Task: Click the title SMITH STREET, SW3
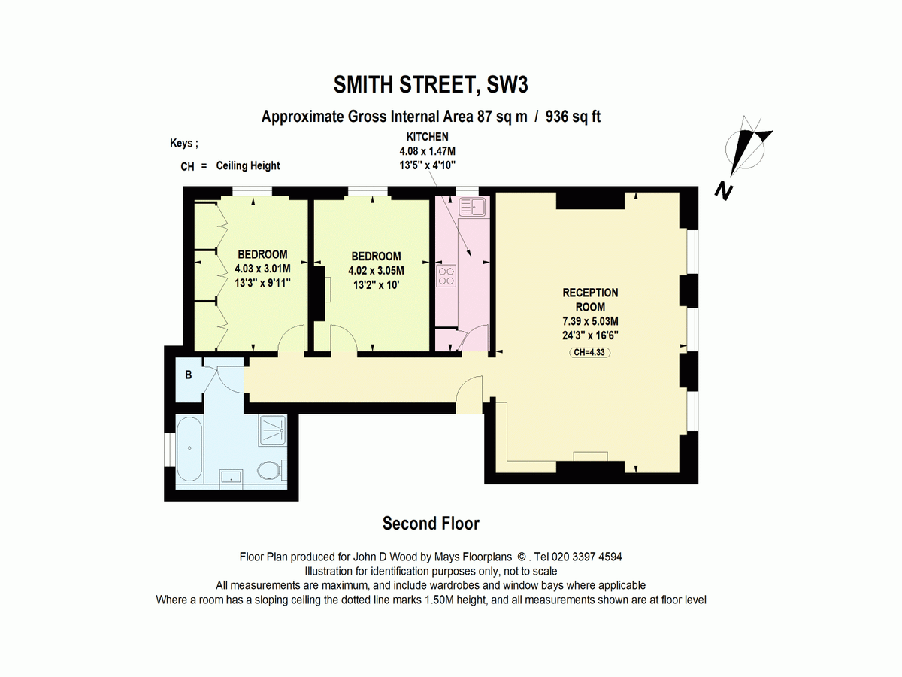431,85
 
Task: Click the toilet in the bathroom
269,472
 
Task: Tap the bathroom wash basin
231,475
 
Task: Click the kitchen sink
474,205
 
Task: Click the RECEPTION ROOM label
590,299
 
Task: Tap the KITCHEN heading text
427,137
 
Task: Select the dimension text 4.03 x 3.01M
262,269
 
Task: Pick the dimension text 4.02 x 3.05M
376,271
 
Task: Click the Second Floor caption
431,523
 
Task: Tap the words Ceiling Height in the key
247,165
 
